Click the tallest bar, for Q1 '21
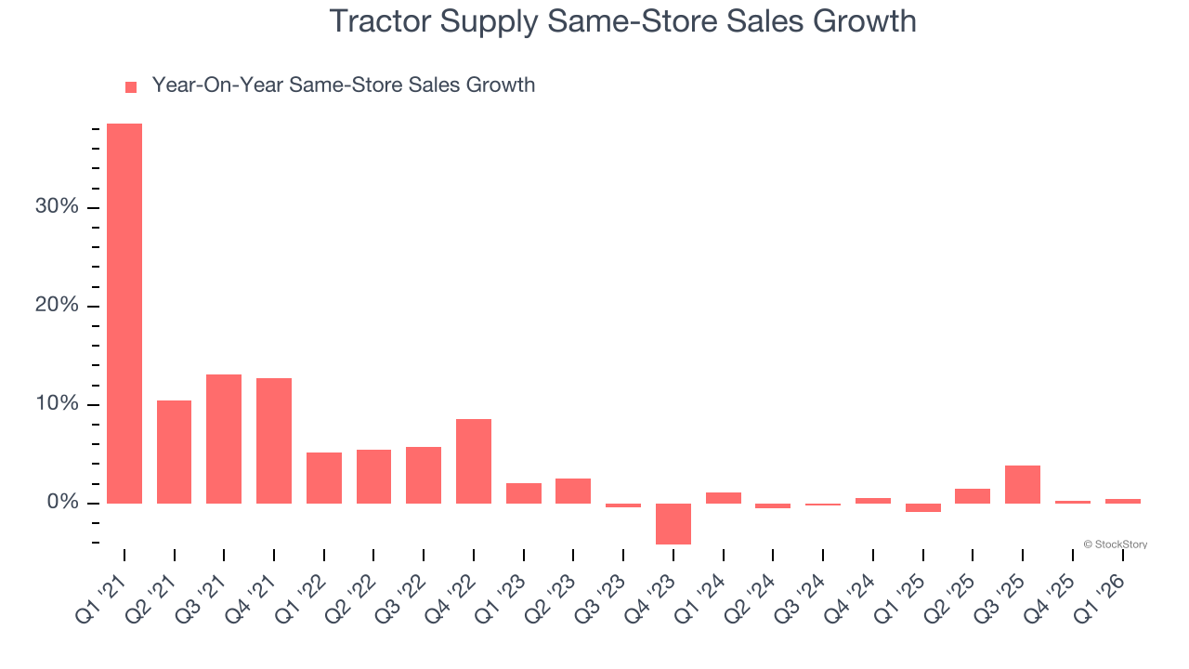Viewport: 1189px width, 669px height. pos(124,313)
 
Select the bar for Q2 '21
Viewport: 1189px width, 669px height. pos(174,452)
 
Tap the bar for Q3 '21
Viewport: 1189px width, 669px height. pos(224,439)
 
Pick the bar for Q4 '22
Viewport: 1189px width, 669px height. pos(474,461)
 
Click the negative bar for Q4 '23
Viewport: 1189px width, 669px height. pos(673,523)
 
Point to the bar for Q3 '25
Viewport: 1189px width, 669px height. pos(1023,484)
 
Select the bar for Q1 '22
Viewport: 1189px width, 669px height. pos(324,478)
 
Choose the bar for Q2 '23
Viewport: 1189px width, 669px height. pos(573,491)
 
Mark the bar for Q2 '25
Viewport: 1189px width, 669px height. pos(973,495)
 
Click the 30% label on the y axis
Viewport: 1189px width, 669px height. pos(56,207)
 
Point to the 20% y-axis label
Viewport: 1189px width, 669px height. pos(56,306)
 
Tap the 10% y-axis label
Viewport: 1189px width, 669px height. pos(56,405)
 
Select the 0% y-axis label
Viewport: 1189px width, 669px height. pos(61,504)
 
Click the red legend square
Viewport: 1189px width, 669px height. pos(131,86)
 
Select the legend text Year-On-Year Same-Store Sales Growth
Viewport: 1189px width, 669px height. pos(344,85)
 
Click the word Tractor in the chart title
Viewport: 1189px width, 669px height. pos(381,21)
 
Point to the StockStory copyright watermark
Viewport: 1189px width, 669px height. pos(1116,544)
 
